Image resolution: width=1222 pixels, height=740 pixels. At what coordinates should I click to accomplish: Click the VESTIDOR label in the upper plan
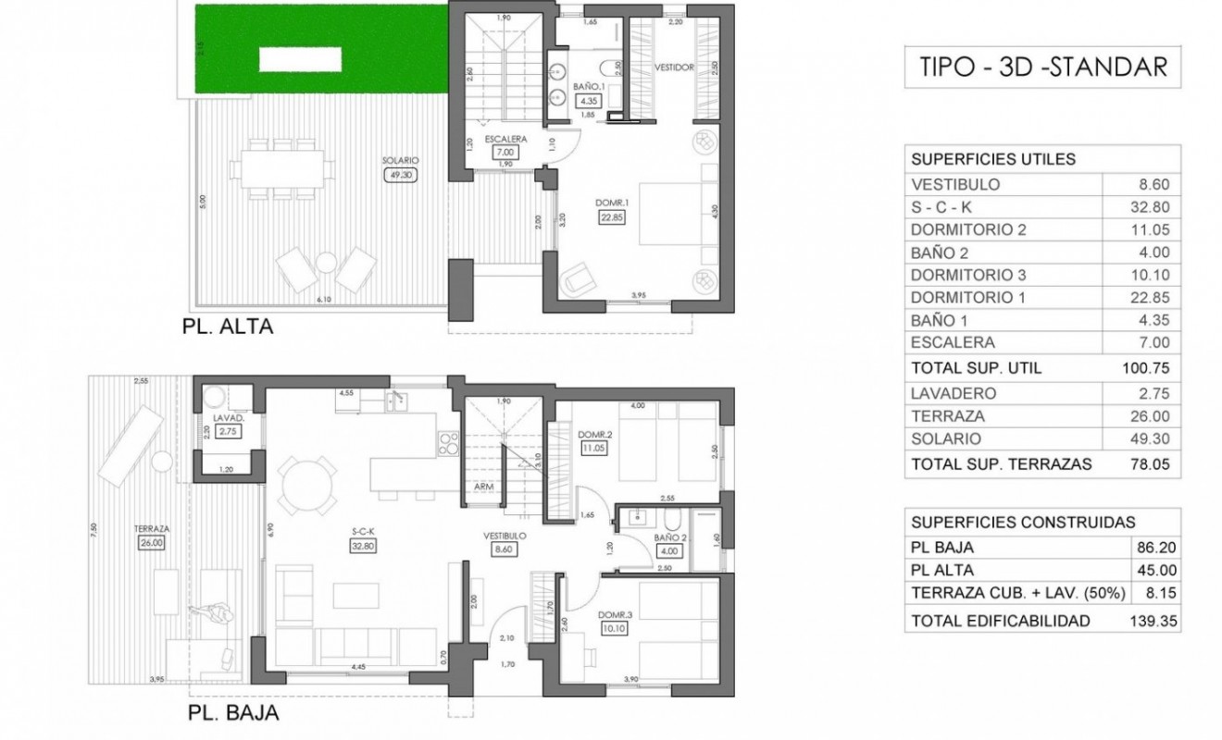674,68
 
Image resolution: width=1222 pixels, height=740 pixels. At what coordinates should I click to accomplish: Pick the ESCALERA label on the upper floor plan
505,139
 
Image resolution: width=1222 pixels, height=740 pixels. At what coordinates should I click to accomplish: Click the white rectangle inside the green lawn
301,59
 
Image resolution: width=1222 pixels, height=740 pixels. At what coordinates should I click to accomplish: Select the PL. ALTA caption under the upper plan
228,327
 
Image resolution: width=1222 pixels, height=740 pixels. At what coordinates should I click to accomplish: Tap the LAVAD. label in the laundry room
228,418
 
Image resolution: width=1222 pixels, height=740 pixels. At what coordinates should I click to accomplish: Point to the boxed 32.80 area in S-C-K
362,546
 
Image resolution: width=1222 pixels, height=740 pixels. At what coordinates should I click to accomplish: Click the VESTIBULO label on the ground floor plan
505,536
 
